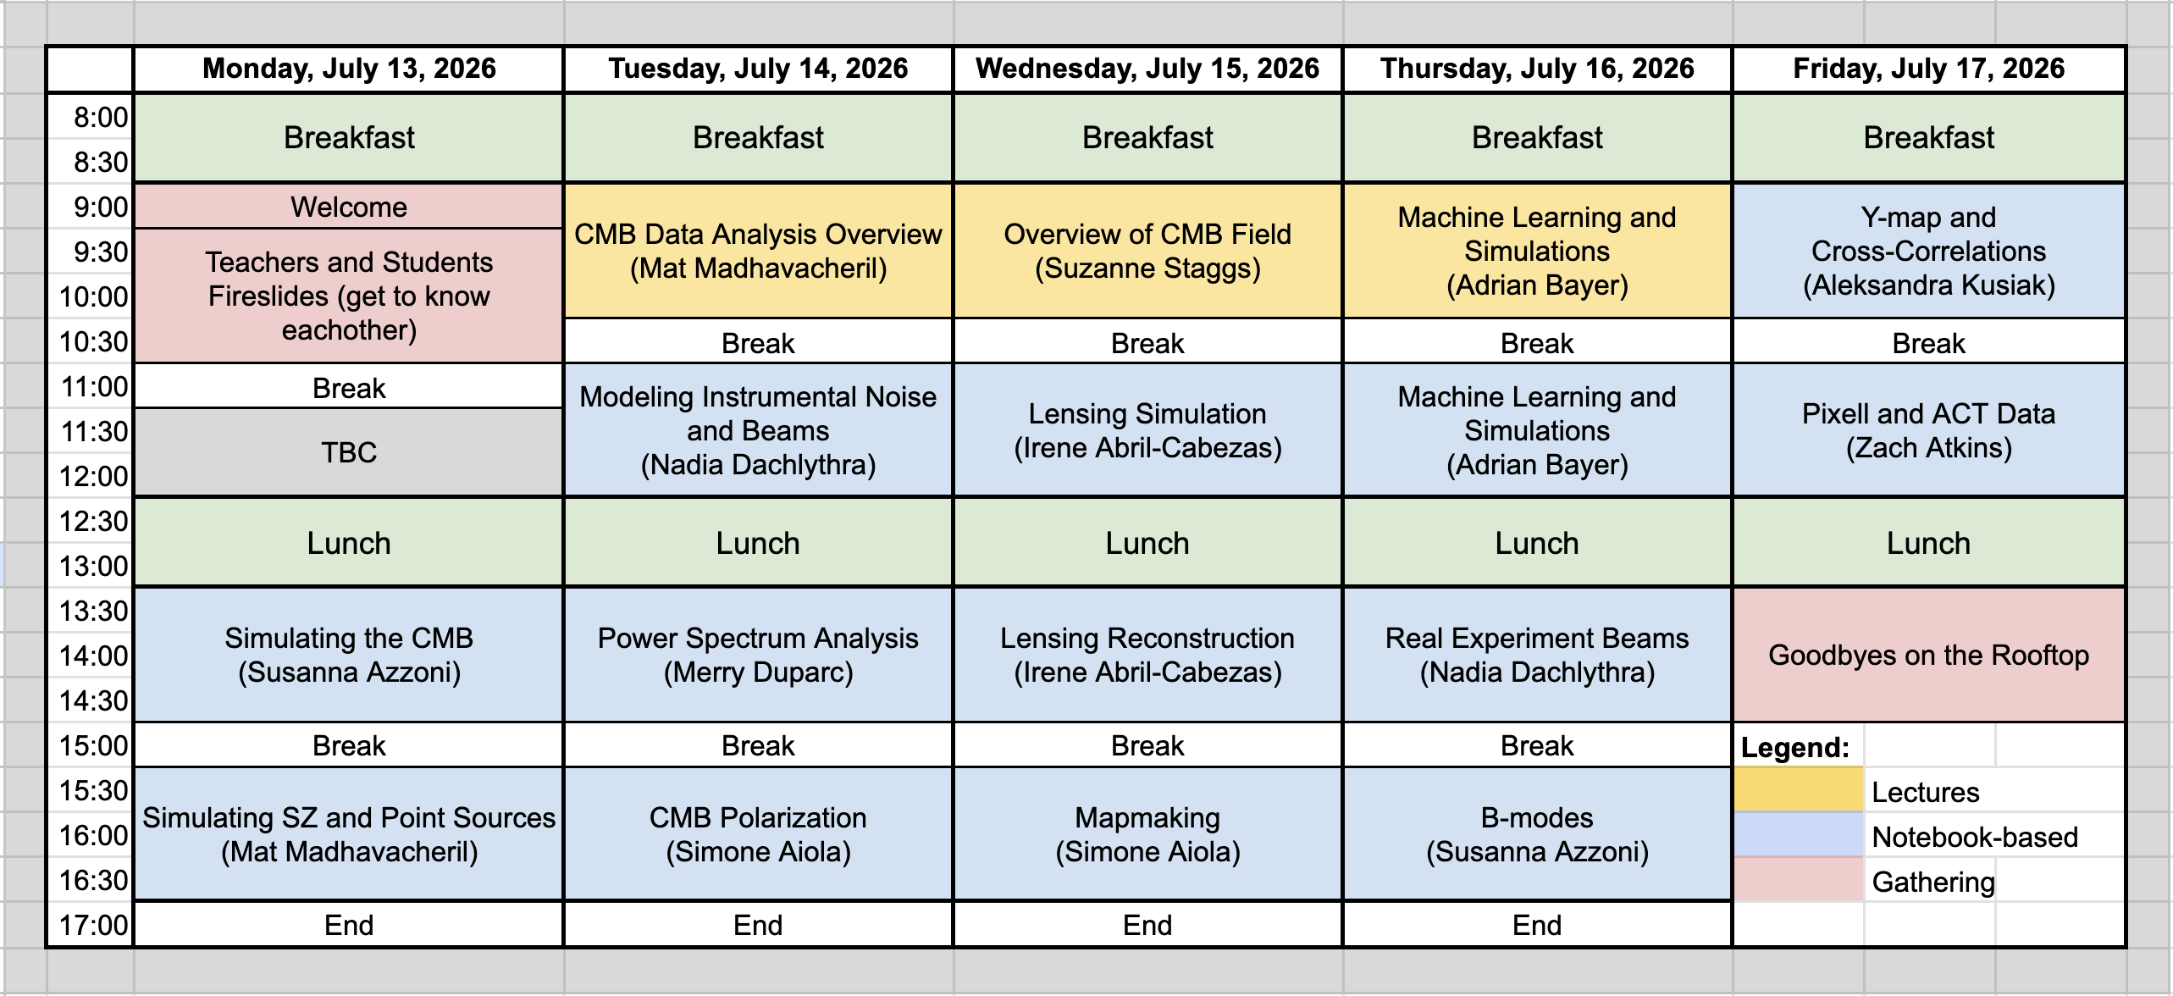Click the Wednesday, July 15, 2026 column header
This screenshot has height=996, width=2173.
click(1147, 69)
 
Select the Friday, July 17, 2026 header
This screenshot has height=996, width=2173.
click(1928, 69)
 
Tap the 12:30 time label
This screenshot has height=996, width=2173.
click(93, 521)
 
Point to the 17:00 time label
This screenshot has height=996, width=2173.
click(93, 925)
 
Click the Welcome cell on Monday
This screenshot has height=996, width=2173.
click(349, 207)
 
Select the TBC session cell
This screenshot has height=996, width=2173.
click(349, 452)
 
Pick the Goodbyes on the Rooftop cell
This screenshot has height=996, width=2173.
click(1928, 655)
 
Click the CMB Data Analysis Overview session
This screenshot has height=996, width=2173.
click(758, 251)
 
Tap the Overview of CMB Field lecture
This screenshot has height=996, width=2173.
click(1147, 251)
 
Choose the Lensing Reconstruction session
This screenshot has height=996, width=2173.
click(1147, 655)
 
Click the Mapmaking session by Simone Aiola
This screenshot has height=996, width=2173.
click(1147, 834)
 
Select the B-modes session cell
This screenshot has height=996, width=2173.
click(1537, 834)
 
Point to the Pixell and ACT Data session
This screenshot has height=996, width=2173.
click(1928, 430)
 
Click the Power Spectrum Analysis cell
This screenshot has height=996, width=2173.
click(758, 655)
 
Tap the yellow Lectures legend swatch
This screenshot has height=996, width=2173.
click(1798, 789)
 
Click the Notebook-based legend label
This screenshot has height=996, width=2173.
click(1975, 837)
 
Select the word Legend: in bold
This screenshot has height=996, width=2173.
click(1795, 747)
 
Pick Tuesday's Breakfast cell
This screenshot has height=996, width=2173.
click(758, 137)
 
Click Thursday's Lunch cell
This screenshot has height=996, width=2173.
click(1537, 543)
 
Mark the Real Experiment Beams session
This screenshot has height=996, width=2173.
click(1537, 655)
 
